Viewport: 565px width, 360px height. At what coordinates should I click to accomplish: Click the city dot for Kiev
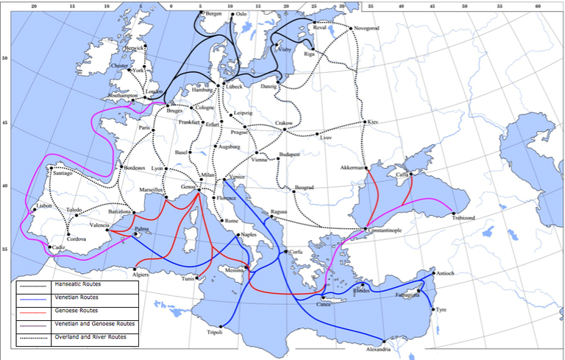(365, 121)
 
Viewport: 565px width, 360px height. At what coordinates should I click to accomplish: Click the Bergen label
(213, 13)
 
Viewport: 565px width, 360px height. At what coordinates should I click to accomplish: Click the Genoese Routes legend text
(76, 310)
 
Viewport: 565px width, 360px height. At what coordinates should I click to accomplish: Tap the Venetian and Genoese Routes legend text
(94, 323)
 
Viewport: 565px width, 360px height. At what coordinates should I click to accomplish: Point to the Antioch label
(446, 273)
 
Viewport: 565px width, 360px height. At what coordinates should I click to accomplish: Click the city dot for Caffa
(411, 176)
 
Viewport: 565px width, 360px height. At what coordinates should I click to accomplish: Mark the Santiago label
(63, 173)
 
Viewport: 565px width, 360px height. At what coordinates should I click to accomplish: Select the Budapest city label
(288, 155)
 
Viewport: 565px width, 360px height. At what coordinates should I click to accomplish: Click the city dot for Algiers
(135, 268)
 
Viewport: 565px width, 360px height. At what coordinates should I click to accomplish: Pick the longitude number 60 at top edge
(538, 5)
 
